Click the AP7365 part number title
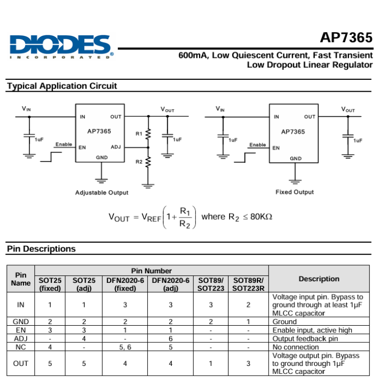click(x=346, y=37)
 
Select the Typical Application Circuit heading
click(x=62, y=86)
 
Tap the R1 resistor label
click(x=139, y=133)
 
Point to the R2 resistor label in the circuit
click(x=139, y=161)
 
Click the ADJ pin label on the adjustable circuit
click(x=116, y=147)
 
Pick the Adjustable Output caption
click(x=102, y=192)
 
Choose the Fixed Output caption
click(x=294, y=192)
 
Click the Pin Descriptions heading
click(x=41, y=249)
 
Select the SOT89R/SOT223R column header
click(x=248, y=284)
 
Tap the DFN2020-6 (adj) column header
click(x=171, y=284)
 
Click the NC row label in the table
click(x=20, y=347)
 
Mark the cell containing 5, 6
click(x=125, y=347)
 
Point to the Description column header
click(x=319, y=279)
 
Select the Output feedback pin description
click(x=306, y=339)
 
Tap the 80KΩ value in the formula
click(x=261, y=216)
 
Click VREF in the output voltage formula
click(x=151, y=217)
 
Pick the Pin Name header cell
click(x=20, y=279)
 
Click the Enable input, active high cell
click(x=313, y=330)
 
